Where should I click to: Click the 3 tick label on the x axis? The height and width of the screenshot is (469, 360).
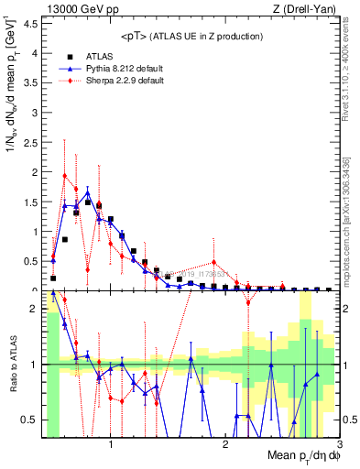coord(339,445)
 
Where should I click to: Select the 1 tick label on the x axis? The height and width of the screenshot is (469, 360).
coord(111,445)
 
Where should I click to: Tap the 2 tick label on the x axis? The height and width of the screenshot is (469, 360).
coord(225,445)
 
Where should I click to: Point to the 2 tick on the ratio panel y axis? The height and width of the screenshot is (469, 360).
coord(35,309)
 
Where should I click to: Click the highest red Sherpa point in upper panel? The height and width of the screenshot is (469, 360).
coord(64,175)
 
